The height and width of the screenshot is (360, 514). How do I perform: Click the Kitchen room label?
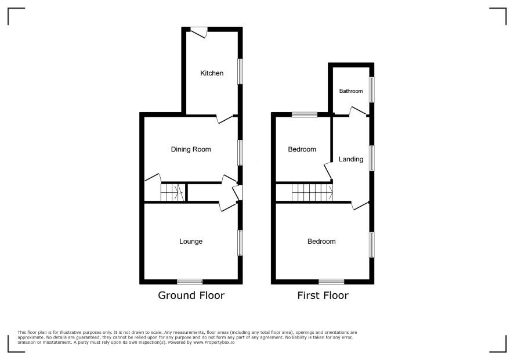(x=212, y=73)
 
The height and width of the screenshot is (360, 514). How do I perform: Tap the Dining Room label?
(x=191, y=149)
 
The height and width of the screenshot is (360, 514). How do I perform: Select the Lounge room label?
(x=191, y=242)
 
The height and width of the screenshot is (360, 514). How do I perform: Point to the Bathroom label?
(x=351, y=91)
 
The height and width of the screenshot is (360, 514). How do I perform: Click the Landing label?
(x=351, y=159)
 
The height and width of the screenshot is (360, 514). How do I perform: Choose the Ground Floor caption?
(x=191, y=296)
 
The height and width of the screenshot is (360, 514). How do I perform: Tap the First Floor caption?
(x=323, y=296)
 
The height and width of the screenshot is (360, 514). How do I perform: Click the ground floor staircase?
(x=172, y=192)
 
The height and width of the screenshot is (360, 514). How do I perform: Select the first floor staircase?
(x=312, y=192)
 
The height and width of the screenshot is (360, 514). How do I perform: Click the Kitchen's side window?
(x=240, y=71)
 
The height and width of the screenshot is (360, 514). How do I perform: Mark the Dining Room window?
(x=240, y=153)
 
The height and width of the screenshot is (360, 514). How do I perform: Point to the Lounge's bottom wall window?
(x=190, y=282)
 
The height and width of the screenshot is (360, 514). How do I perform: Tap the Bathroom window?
(x=372, y=89)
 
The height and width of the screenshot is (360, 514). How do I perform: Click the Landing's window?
(x=372, y=158)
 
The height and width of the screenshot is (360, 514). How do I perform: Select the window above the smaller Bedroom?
(x=305, y=114)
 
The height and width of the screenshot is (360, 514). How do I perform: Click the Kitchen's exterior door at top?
(x=199, y=32)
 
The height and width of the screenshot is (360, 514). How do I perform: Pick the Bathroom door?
(x=357, y=111)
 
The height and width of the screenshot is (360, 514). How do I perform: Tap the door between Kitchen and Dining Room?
(x=225, y=119)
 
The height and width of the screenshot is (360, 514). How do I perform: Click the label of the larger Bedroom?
(x=321, y=242)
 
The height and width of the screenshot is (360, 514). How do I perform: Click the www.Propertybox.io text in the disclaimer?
(x=214, y=342)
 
